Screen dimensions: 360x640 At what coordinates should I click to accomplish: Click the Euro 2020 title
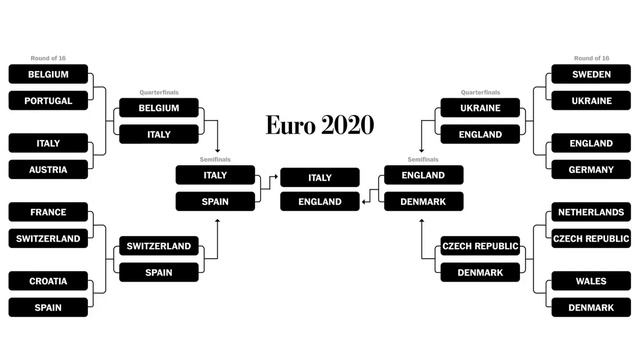click(319, 125)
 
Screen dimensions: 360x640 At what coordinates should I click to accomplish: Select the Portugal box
click(48, 100)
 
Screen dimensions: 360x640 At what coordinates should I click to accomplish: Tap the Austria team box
click(48, 169)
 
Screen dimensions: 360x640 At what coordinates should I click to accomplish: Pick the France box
click(48, 212)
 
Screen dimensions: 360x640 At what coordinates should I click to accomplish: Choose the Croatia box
click(48, 281)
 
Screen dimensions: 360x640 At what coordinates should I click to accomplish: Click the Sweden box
click(591, 74)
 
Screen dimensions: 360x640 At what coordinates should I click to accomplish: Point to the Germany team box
click(591, 169)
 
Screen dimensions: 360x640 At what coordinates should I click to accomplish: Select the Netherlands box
click(591, 212)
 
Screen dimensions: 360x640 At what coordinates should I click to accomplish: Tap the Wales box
click(591, 281)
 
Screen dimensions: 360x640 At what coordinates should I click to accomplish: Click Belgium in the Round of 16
click(48, 74)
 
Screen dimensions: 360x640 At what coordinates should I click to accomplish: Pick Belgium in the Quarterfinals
click(159, 108)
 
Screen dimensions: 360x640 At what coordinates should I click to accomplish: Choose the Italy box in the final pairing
click(320, 177)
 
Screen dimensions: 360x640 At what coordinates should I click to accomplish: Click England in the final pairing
click(320, 202)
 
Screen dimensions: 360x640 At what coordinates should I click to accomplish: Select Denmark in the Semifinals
click(423, 202)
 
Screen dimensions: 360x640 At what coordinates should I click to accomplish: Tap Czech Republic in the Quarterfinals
click(480, 246)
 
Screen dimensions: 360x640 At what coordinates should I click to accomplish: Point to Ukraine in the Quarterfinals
click(480, 108)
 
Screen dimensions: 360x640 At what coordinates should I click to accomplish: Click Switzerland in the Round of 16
click(48, 238)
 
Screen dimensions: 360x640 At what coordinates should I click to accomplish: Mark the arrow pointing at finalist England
click(365, 202)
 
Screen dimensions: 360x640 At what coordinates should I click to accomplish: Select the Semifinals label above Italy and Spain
click(215, 159)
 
